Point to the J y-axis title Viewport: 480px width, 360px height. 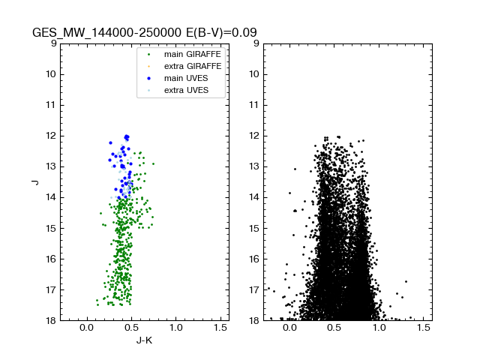[34, 182]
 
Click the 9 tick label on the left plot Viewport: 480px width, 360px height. [53, 43]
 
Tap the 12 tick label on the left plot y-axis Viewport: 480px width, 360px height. [51, 136]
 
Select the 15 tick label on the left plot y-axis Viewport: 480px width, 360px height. [51, 228]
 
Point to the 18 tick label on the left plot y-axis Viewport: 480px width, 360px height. [51, 320]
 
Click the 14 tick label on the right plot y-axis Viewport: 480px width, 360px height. [253, 197]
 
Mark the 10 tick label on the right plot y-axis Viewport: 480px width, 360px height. [253, 74]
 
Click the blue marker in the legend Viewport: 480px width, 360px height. [149, 79]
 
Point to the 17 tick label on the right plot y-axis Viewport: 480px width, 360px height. [253, 289]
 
